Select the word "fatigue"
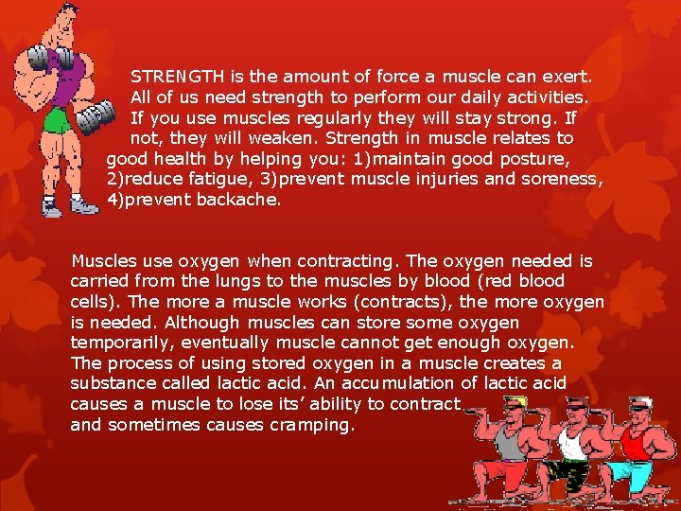point(221,179)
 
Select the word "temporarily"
point(120,344)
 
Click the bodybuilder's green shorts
point(57,120)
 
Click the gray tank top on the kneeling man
point(511,444)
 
